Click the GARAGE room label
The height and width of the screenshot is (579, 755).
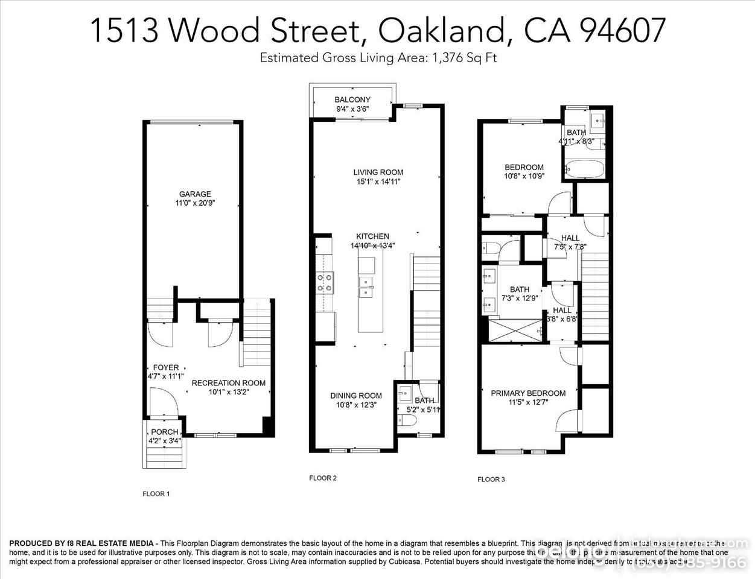[195, 194]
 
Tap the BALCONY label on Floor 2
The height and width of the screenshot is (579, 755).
[352, 100]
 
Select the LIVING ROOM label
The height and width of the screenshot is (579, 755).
[378, 172]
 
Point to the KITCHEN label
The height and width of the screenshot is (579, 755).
[372, 236]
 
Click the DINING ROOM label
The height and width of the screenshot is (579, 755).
[356, 396]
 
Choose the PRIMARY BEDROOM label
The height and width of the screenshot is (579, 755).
[528, 393]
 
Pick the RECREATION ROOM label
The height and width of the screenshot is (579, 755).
[228, 383]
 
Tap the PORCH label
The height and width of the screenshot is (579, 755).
[165, 432]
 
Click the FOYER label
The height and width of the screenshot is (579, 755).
[165, 367]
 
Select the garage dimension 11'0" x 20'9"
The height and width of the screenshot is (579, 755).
[195, 203]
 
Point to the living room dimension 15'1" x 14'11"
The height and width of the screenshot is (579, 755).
[378, 182]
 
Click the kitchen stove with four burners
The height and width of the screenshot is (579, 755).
[326, 282]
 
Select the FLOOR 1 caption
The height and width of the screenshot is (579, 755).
[156, 494]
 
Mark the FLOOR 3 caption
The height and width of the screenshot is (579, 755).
[491, 479]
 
